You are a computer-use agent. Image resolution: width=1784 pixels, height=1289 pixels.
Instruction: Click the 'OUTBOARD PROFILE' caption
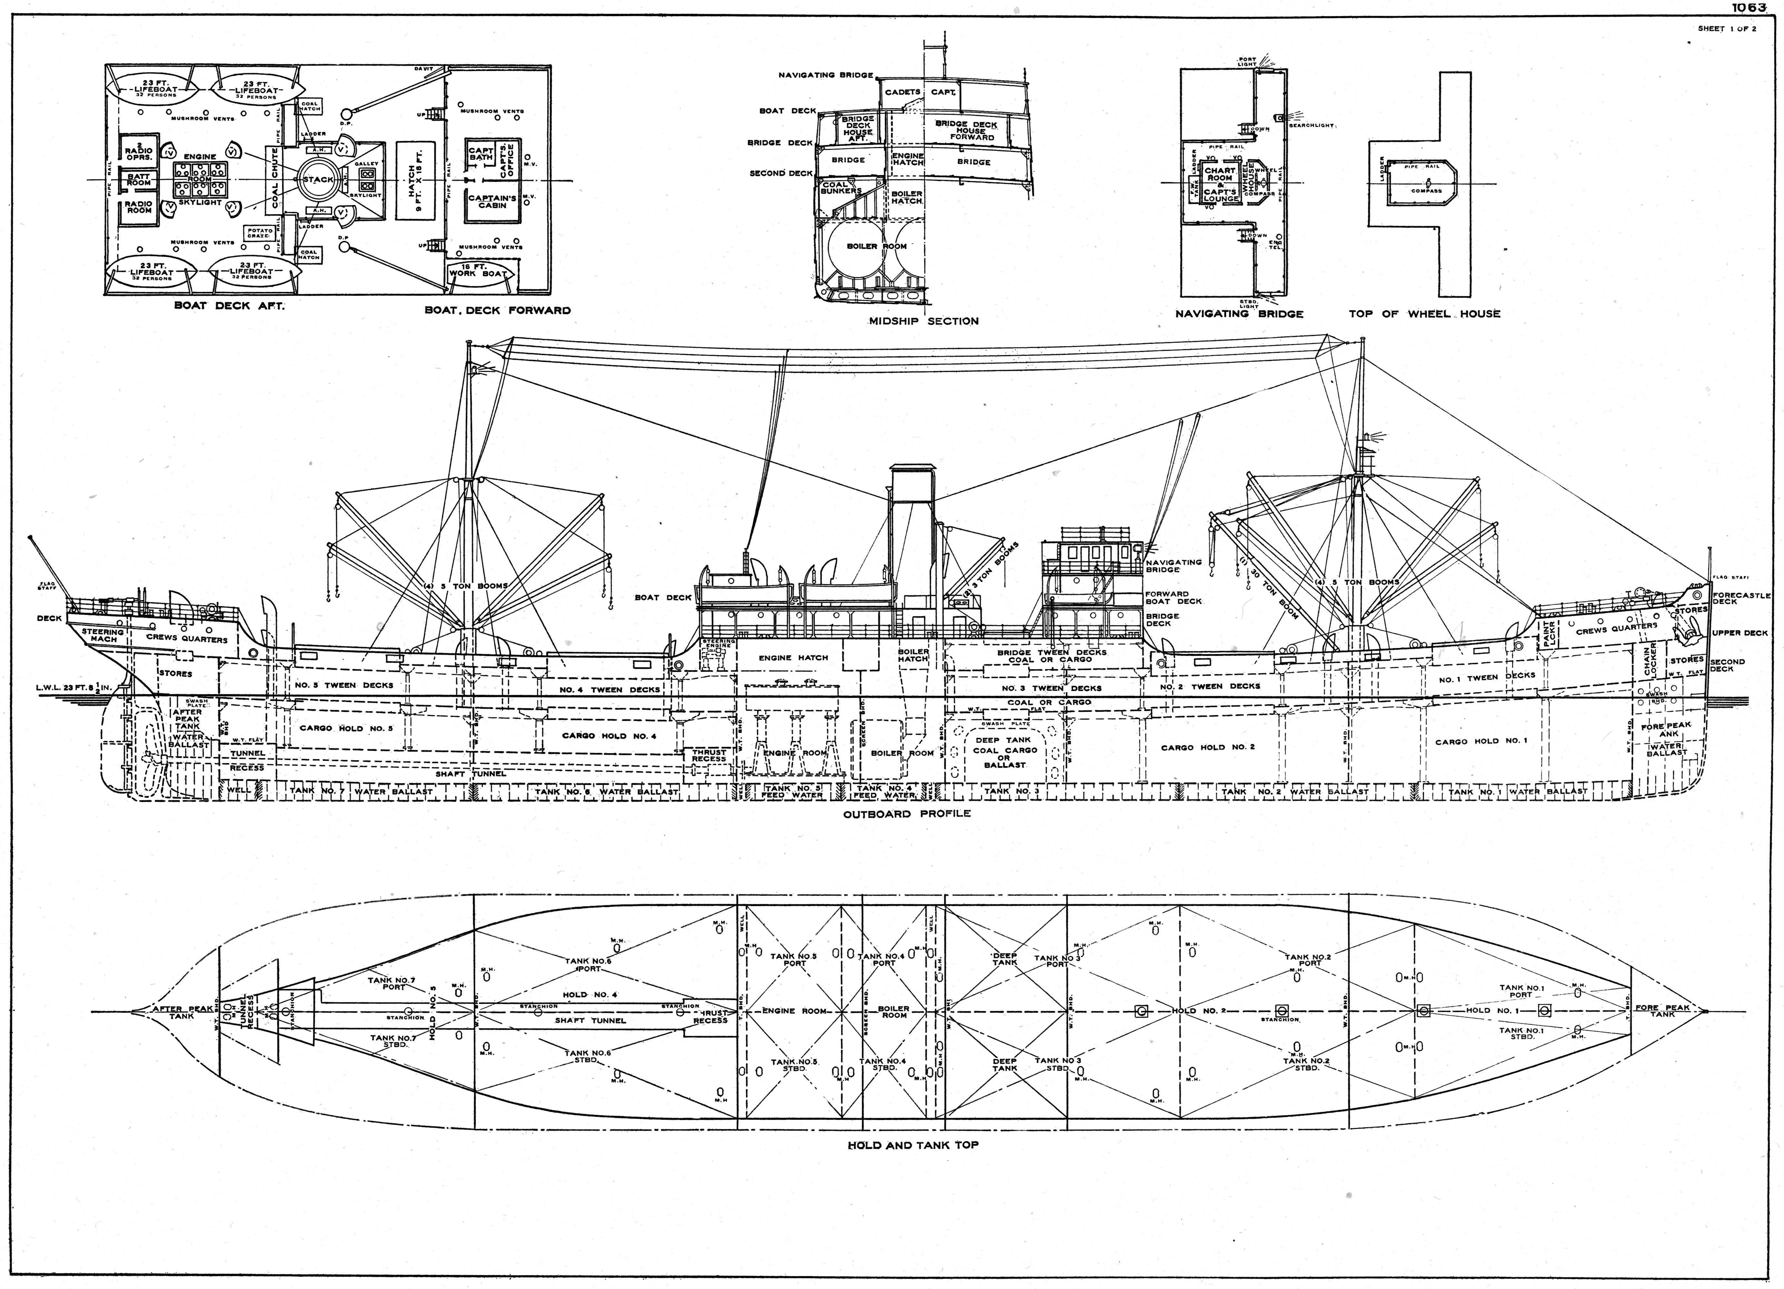tap(907, 814)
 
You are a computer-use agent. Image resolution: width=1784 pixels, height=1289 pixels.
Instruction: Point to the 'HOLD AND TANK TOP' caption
tap(913, 1145)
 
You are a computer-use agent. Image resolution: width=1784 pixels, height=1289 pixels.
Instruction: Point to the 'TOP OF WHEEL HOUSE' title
tap(1424, 314)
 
